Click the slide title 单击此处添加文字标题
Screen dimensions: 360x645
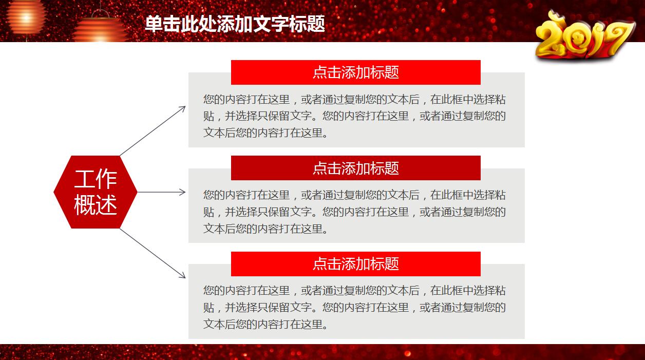235,24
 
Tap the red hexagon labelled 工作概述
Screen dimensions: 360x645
96,192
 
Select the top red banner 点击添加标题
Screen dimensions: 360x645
355,72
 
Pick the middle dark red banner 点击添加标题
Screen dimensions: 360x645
355,168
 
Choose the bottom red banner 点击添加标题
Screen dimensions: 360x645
355,264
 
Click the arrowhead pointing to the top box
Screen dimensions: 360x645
182,108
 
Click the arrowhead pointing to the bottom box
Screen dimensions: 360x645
182,276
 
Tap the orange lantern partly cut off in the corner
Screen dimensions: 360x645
25,15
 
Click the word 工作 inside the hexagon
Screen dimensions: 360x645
96,179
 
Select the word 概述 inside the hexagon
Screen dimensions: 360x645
96,205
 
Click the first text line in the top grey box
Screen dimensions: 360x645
354,100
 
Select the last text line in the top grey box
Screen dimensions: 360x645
265,132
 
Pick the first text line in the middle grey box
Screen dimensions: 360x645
354,195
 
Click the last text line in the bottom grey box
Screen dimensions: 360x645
265,324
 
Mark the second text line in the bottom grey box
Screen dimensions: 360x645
354,308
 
